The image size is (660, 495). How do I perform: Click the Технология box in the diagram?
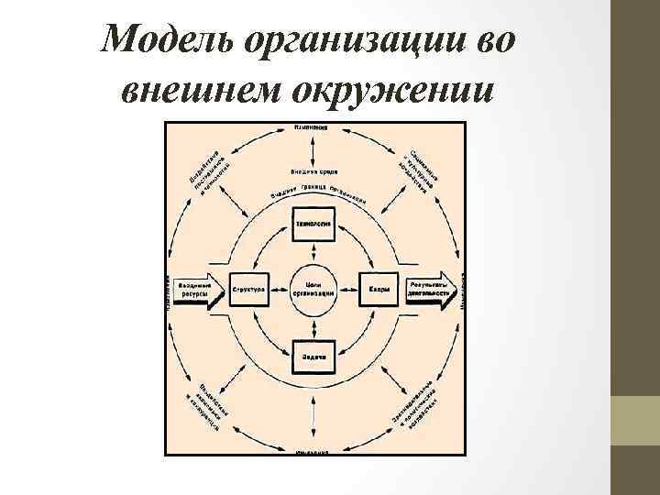coord(313,223)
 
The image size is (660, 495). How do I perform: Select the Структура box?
coord(249,289)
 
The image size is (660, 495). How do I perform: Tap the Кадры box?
coord(379,289)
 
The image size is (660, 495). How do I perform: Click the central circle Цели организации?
coord(313,288)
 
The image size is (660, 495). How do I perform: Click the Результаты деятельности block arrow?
coord(434,289)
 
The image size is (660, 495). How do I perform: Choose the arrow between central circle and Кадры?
coord(349,289)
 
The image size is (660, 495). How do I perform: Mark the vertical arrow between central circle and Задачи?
coord(313,326)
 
